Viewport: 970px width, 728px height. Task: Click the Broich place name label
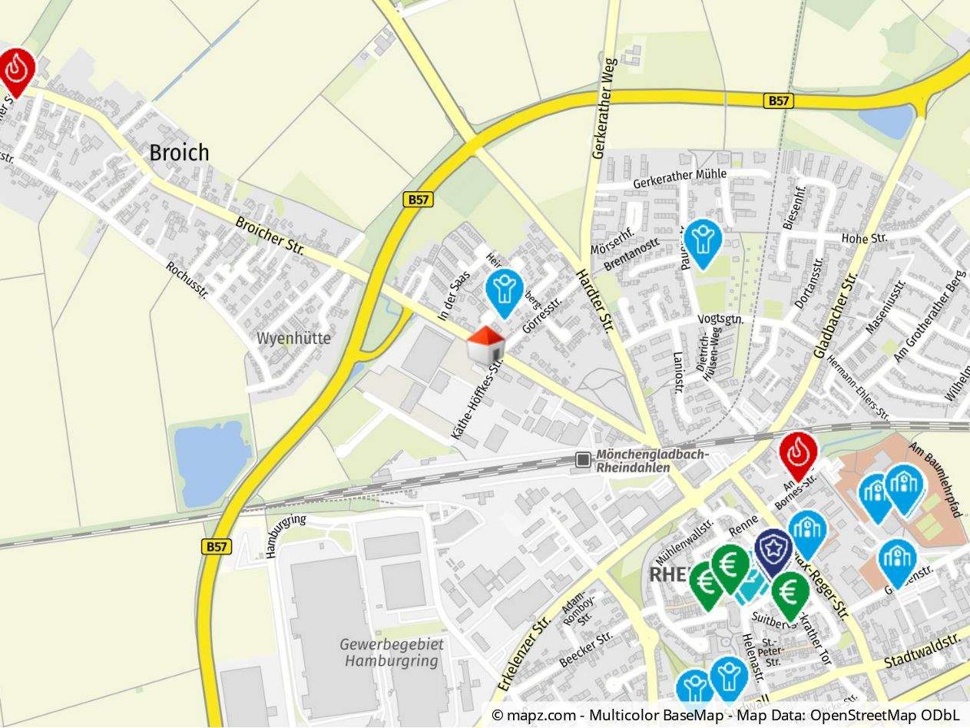[x=178, y=152]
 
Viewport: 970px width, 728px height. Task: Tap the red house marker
[x=486, y=345]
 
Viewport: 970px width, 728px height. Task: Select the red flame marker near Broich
[x=17, y=70]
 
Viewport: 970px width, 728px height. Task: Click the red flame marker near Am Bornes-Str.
[x=799, y=454]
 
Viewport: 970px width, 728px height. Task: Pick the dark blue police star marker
[x=773, y=548]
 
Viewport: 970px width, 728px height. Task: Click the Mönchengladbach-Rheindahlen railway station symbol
[x=584, y=459]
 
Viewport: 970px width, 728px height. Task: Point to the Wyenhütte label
[x=293, y=338]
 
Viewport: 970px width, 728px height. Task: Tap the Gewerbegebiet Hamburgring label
[x=392, y=652]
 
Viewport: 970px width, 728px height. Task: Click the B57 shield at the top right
[x=779, y=101]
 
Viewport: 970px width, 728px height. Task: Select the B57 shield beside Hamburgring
[x=217, y=546]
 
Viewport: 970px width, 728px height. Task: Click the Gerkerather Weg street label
[x=605, y=108]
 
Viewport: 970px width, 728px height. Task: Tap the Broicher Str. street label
[x=270, y=237]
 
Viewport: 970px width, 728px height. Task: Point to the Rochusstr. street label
[x=187, y=280]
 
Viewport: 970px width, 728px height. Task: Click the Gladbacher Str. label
[x=835, y=317]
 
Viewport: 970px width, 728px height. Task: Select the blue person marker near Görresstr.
[x=504, y=290]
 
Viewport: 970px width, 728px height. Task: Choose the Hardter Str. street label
[x=596, y=300]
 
